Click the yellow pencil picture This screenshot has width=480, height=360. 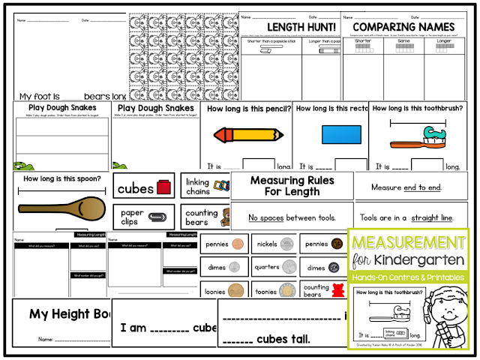tap(246, 136)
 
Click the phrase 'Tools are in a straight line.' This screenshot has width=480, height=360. tap(407, 217)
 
